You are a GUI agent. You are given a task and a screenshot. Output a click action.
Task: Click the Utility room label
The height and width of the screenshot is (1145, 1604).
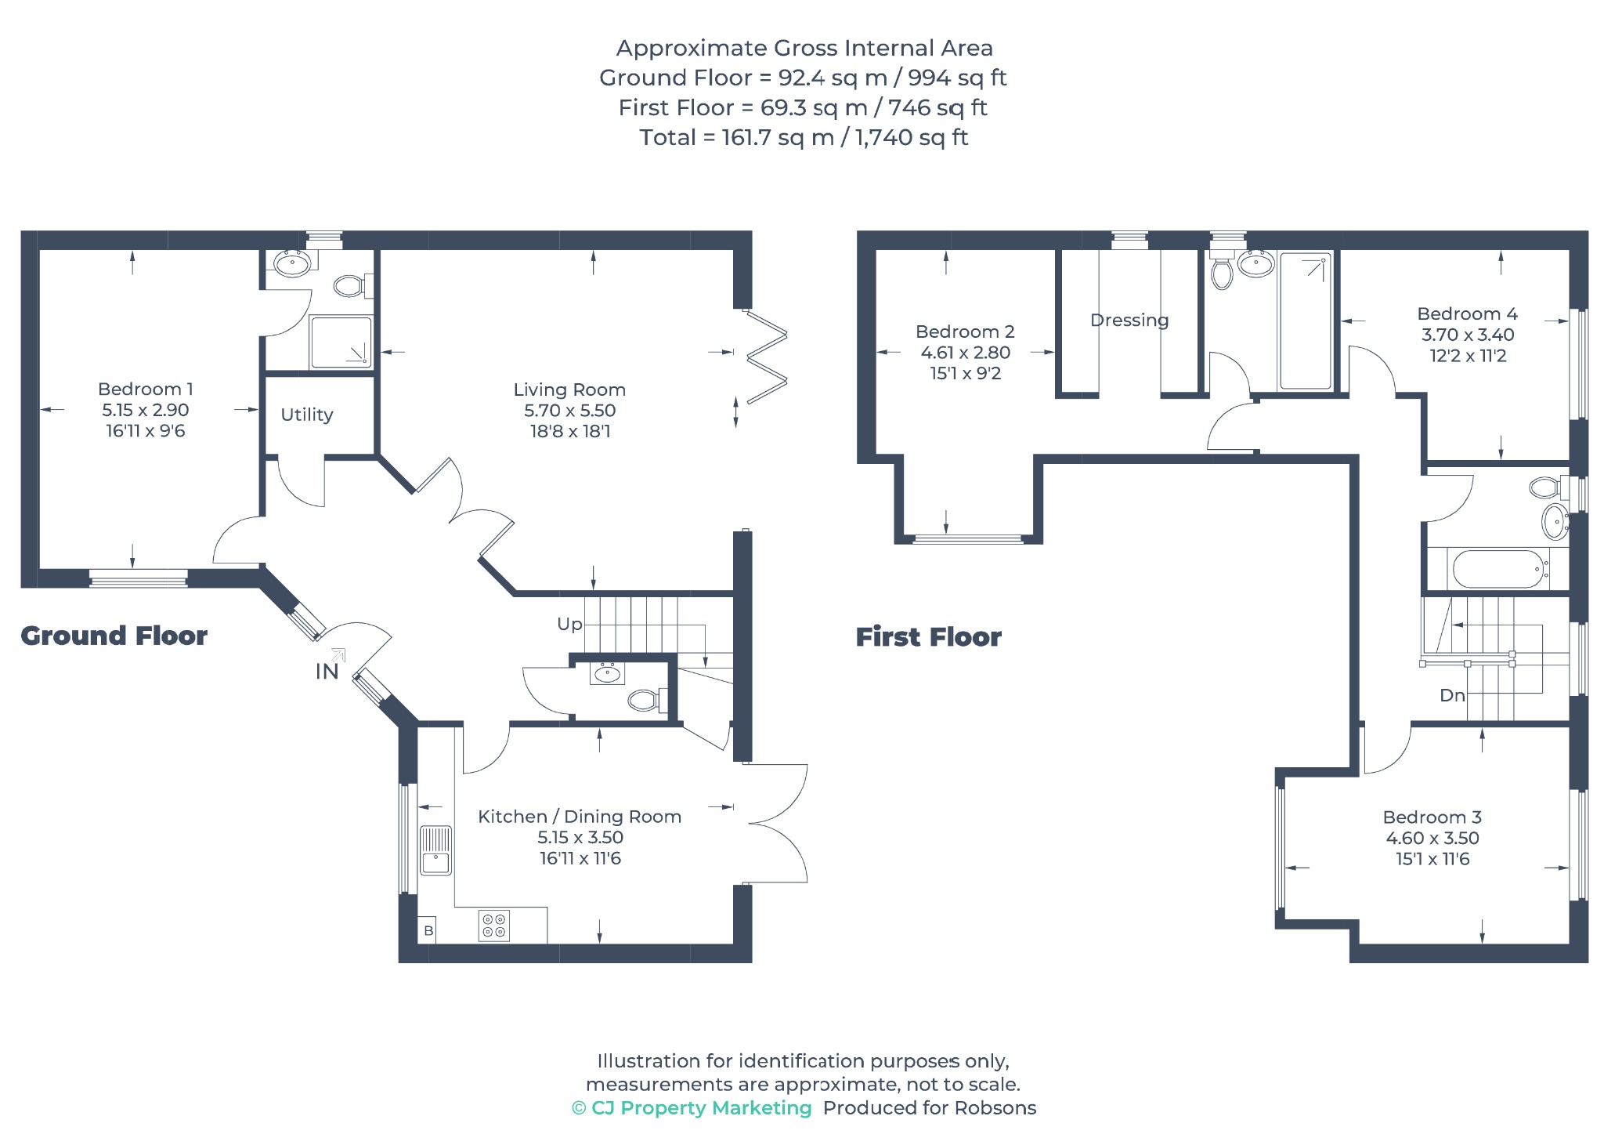click(x=307, y=415)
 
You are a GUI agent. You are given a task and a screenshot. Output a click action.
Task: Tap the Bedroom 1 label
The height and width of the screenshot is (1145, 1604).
click(x=146, y=389)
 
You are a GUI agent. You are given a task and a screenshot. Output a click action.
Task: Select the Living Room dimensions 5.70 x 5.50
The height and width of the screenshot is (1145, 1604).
click(x=570, y=410)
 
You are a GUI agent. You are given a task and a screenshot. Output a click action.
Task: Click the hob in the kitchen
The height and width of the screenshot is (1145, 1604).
click(x=494, y=925)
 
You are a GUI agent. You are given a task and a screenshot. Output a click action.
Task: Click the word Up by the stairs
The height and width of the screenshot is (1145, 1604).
click(x=569, y=625)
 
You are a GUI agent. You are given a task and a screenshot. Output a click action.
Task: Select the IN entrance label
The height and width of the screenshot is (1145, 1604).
click(x=327, y=672)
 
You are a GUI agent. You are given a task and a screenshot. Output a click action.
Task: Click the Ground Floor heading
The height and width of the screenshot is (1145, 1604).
click(x=114, y=636)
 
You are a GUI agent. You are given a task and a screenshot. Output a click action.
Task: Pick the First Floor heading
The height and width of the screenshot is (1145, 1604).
click(x=929, y=637)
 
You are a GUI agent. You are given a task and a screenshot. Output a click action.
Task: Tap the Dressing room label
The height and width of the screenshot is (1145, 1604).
click(x=1129, y=321)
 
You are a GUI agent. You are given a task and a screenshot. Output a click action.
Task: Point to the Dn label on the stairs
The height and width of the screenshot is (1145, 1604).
click(x=1452, y=695)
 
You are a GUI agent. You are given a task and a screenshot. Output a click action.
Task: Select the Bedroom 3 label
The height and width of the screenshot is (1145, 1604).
click(x=1432, y=817)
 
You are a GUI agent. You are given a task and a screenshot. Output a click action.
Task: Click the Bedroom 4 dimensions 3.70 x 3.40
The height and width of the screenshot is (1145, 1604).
click(x=1468, y=335)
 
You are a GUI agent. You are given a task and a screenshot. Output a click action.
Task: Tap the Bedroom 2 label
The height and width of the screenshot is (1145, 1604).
click(x=965, y=332)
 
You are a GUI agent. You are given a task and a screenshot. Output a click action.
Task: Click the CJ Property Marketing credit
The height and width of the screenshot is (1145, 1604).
click(x=692, y=1108)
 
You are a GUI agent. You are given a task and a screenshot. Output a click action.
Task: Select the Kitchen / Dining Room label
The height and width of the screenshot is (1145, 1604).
click(x=580, y=817)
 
